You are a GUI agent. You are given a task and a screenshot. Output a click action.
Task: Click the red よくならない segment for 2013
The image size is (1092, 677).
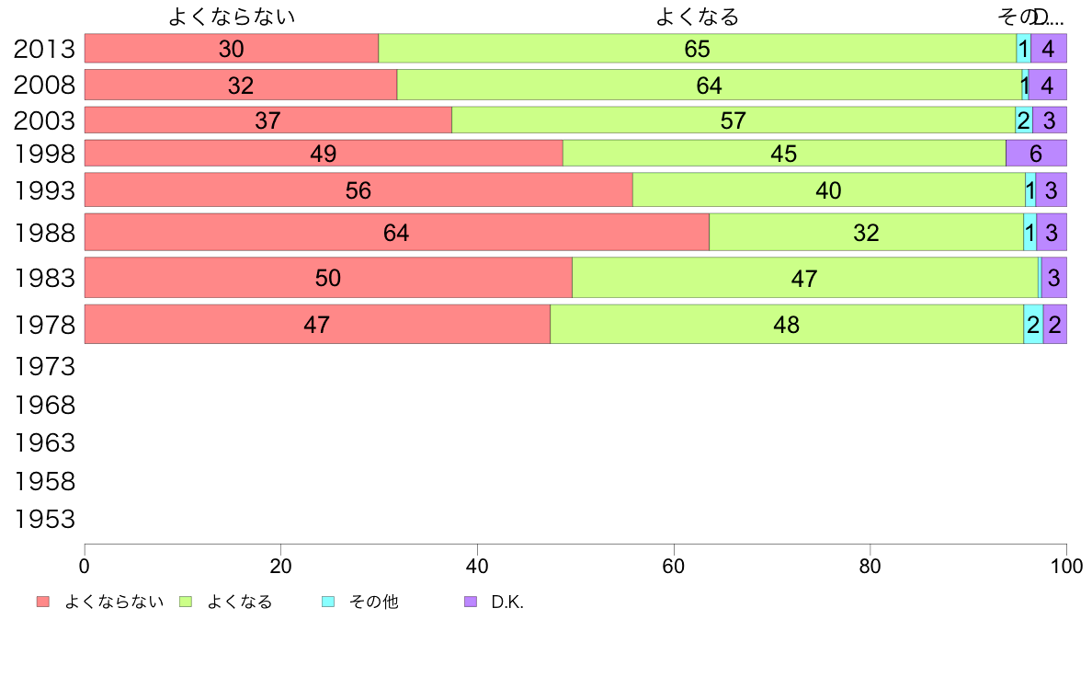(x=231, y=49)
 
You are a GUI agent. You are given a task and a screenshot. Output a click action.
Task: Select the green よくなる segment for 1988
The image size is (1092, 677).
(x=866, y=232)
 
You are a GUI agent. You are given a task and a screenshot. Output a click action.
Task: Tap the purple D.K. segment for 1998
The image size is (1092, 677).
(x=1036, y=154)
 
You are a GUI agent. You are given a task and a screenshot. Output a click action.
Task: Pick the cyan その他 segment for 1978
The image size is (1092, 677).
(x=1033, y=324)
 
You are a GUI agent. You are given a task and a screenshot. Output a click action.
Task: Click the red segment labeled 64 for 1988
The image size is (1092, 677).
(x=396, y=232)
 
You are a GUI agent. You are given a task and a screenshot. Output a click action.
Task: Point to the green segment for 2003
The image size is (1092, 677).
(x=733, y=120)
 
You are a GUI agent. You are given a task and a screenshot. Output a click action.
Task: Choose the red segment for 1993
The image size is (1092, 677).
(x=358, y=190)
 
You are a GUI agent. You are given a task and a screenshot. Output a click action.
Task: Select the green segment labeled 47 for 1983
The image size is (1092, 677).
(x=804, y=278)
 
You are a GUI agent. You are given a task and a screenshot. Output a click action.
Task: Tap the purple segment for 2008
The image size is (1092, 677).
(x=1047, y=86)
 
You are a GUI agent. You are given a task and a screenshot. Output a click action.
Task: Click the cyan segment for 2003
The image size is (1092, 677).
(x=1023, y=120)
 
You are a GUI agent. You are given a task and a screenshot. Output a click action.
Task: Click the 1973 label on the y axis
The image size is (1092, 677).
(x=44, y=367)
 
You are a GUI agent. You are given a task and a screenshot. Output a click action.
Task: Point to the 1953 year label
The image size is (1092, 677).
(x=44, y=520)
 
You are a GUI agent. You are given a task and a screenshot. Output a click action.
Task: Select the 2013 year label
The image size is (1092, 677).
(x=44, y=49)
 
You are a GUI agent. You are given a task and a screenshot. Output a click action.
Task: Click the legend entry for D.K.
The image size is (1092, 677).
(x=506, y=602)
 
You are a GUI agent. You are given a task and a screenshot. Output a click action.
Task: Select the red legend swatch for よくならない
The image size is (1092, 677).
(x=42, y=602)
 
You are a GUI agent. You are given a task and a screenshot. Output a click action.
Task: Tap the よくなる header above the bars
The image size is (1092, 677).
(x=697, y=17)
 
